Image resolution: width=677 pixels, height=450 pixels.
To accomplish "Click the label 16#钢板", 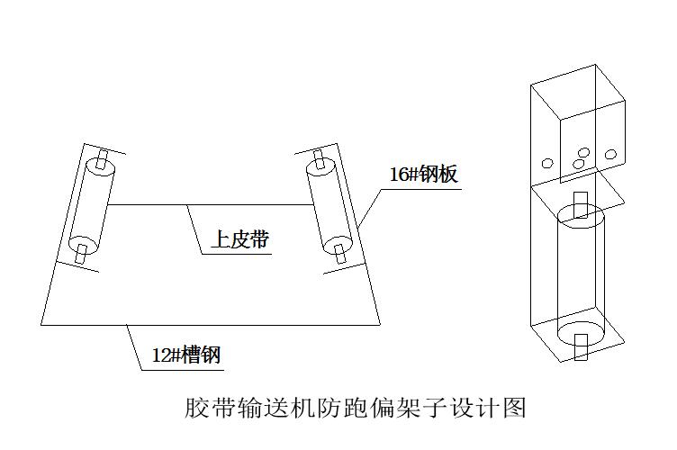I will click(423, 174).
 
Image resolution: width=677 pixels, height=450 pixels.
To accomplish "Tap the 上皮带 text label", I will click(240, 239).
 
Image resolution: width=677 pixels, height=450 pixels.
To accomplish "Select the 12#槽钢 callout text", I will click(185, 355).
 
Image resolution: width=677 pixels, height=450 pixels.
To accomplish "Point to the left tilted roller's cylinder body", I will click(89, 206).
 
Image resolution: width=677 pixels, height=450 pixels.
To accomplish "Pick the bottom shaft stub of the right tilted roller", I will click(339, 255).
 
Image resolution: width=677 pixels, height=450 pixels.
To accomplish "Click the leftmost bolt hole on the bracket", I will click(546, 163).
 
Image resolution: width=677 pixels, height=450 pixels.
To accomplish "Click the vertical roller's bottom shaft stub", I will click(581, 346).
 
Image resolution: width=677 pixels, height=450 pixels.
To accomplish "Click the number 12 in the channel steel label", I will click(160, 355).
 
